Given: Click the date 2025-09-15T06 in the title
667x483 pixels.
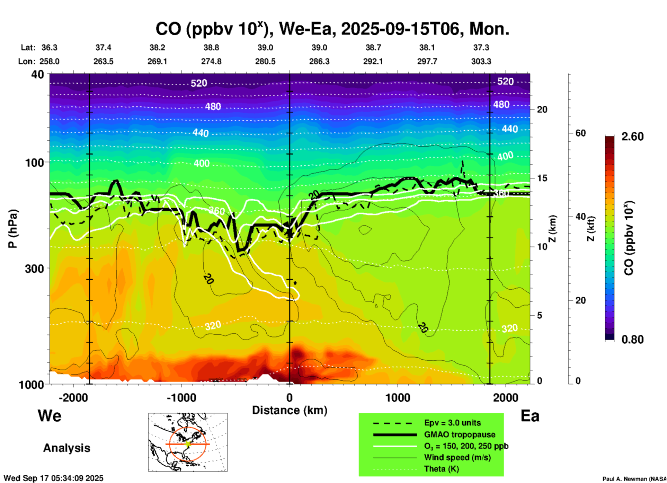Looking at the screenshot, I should tap(402, 29).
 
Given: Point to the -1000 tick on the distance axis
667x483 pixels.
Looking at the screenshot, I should tap(181, 398).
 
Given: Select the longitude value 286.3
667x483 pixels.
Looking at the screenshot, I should tap(319, 61).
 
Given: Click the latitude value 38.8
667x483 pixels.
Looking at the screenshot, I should tap(211, 47).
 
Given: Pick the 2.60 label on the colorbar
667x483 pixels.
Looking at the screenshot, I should tap(632, 137).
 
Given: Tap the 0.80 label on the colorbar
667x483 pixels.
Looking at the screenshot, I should tap(632, 340).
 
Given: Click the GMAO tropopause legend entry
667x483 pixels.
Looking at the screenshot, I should tap(460, 434).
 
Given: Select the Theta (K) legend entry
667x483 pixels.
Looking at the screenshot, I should tap(442, 469).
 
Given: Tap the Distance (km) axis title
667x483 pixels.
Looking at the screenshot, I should tap(290, 410).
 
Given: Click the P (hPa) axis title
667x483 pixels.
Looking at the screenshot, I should tap(13, 229).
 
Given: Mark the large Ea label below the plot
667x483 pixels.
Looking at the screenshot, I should tap(530, 416).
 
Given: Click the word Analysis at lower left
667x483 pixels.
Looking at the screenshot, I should tap(66, 448).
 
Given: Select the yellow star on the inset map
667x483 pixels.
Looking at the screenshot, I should tap(188, 444).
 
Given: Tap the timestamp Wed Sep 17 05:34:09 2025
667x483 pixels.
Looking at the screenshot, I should tap(54, 478).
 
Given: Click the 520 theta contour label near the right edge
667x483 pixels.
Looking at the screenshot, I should tap(505, 81).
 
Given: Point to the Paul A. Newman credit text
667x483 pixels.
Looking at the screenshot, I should tap(634, 479).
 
